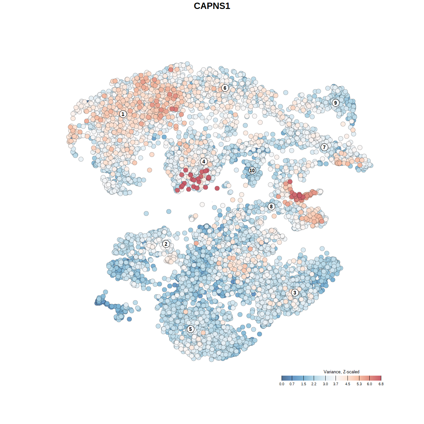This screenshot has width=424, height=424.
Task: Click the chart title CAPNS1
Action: [212, 6]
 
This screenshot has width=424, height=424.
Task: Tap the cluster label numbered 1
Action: [123, 114]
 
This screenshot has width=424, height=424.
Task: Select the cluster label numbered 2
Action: [166, 244]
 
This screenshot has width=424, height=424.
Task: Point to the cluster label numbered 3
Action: [294, 292]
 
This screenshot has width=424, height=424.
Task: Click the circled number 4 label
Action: [204, 161]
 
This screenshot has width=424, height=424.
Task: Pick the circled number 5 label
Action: [190, 329]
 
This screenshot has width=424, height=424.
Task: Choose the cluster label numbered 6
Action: [225, 88]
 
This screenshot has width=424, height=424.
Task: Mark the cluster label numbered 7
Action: [324, 147]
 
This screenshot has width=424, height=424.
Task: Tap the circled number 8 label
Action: [271, 206]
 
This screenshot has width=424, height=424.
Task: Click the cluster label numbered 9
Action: [336, 103]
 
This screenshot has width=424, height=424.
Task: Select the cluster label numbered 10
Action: [252, 170]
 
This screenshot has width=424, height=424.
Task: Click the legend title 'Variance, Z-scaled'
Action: [341, 372]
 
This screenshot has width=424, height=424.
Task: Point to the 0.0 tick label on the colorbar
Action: [282, 384]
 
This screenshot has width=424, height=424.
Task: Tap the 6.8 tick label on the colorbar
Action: [381, 384]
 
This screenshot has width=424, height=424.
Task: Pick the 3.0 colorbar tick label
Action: [325, 384]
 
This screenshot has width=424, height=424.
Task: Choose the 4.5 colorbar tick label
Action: [347, 384]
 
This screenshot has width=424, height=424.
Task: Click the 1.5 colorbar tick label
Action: [303, 384]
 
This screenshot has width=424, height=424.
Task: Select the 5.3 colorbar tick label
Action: [359, 384]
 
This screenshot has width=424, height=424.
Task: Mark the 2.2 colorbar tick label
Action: [314, 384]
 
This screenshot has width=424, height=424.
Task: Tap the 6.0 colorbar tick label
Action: [369, 384]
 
